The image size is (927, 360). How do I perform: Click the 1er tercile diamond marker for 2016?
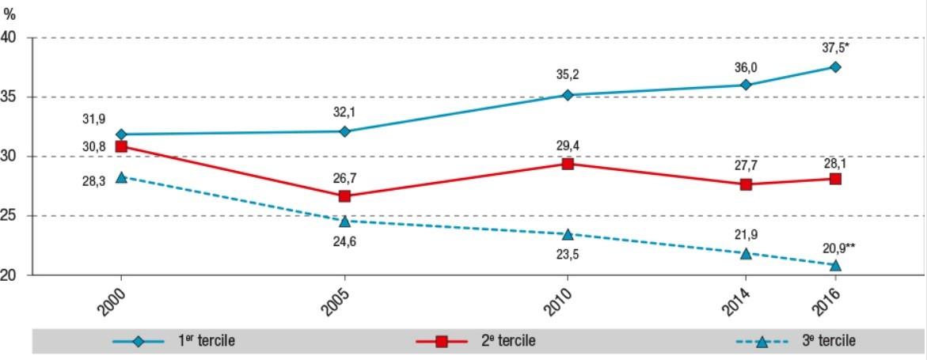[835, 67]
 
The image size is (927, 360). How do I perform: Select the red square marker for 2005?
[344, 195]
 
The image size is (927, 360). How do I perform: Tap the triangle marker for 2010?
[568, 234]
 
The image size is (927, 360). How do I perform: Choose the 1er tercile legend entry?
[174, 341]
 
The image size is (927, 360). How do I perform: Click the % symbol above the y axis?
[9, 15]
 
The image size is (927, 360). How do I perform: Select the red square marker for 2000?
[121, 146]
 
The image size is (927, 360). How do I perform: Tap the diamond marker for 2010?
[568, 95]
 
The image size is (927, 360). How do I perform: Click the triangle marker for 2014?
[745, 253]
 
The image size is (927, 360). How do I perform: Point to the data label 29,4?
[568, 145]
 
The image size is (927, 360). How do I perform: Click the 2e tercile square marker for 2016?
[835, 179]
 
